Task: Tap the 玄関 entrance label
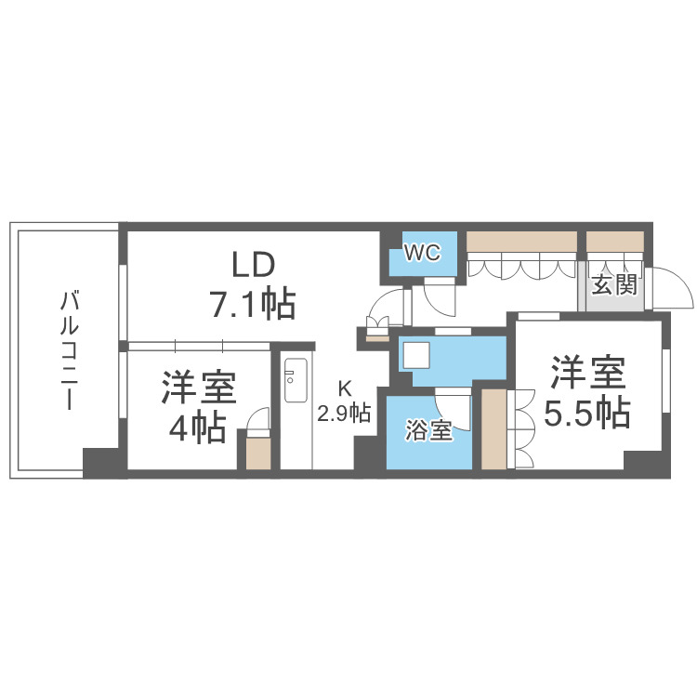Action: click(x=614, y=284)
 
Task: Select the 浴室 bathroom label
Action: click(x=428, y=431)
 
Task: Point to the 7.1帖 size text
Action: click(x=253, y=303)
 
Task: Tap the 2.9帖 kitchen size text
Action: click(x=345, y=413)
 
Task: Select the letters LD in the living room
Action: click(x=253, y=265)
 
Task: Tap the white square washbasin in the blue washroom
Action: click(x=414, y=356)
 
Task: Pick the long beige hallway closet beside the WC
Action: click(x=521, y=243)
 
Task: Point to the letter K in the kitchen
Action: click(x=344, y=389)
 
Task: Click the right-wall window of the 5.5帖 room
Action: click(x=665, y=372)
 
